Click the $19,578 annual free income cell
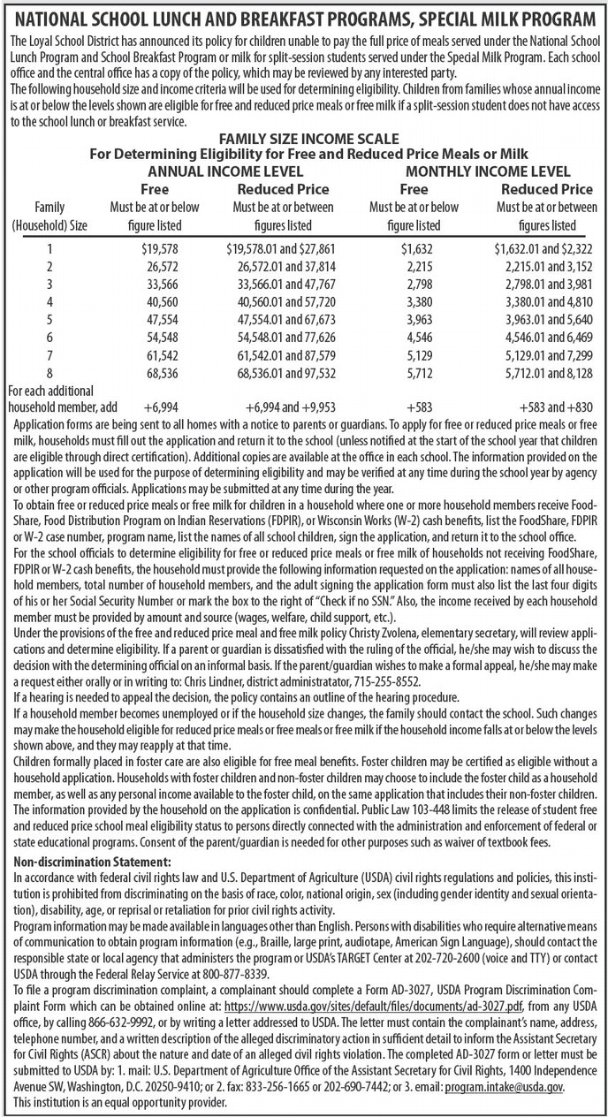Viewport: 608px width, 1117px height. click(x=160, y=250)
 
